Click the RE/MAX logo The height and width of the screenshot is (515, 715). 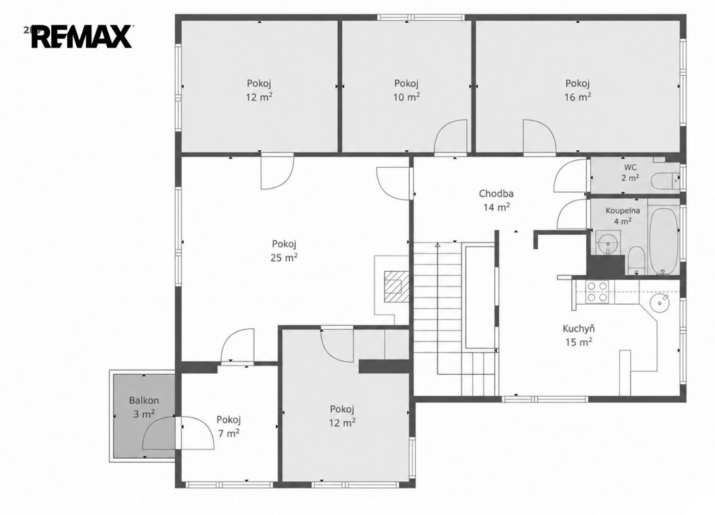coord(82,37)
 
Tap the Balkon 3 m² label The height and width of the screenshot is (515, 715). coord(144,407)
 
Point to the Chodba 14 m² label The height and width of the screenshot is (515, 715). coord(496,200)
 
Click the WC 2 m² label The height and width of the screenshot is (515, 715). coord(630,172)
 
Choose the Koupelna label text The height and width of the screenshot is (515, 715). coord(622,210)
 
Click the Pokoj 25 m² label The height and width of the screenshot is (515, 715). coord(284,250)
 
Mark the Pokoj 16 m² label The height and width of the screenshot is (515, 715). coord(578,90)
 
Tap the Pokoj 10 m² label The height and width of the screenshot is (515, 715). coord(406,90)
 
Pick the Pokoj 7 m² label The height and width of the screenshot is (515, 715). coord(228,426)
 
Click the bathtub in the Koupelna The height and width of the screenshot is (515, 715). coord(663,241)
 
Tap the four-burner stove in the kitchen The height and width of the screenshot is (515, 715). coord(597,292)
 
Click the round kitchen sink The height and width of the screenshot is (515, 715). coord(659,302)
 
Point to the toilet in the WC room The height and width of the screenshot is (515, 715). coord(665,181)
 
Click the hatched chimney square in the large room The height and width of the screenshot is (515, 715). coord(397,287)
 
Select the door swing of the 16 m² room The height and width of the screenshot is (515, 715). coord(539,136)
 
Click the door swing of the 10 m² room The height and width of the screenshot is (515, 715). coord(451,136)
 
